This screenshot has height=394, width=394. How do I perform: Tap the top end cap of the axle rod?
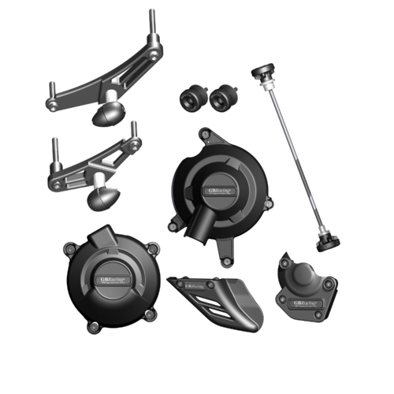pyautogui.click(x=259, y=73)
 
